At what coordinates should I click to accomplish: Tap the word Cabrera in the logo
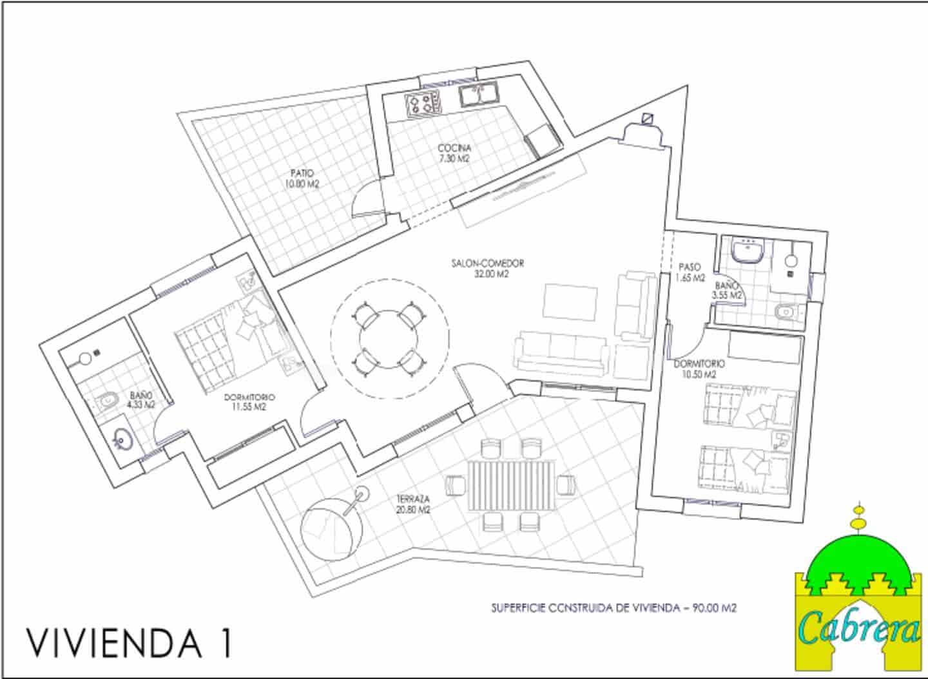[860, 626]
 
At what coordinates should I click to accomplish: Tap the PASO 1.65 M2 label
[689, 273]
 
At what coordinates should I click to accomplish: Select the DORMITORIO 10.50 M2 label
[699, 368]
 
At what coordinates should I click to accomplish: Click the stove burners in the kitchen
[423, 104]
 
